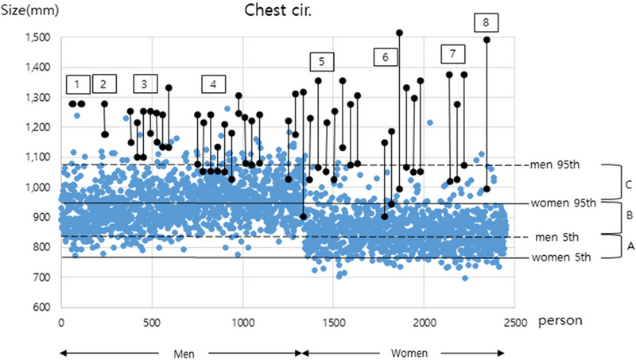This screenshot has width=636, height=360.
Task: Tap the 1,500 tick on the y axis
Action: click(37, 38)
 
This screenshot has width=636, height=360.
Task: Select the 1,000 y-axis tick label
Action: click(37, 188)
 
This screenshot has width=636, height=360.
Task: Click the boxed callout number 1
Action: click(77, 83)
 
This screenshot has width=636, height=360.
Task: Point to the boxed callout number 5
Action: click(321, 61)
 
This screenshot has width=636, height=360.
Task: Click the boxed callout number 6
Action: click(385, 57)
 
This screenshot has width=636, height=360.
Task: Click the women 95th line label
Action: click(564, 203)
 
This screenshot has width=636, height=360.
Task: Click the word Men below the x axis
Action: click(182, 351)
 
